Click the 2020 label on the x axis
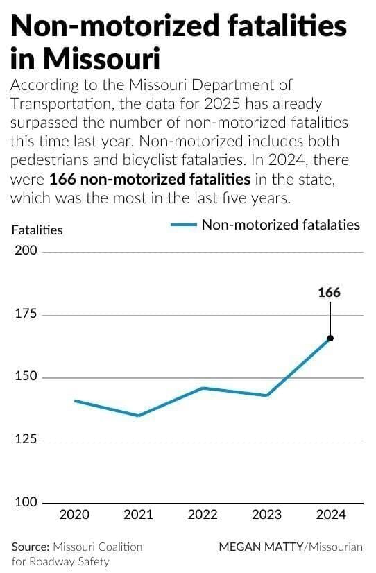click(x=74, y=515)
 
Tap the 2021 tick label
click(x=138, y=515)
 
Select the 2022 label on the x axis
click(x=203, y=515)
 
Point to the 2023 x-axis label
click(x=266, y=515)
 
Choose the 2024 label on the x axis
click(x=330, y=515)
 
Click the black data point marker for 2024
click(x=330, y=338)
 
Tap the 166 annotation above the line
click(x=330, y=292)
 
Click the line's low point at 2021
click(x=138, y=416)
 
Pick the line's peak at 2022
click(x=203, y=388)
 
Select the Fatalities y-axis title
click(x=37, y=230)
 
